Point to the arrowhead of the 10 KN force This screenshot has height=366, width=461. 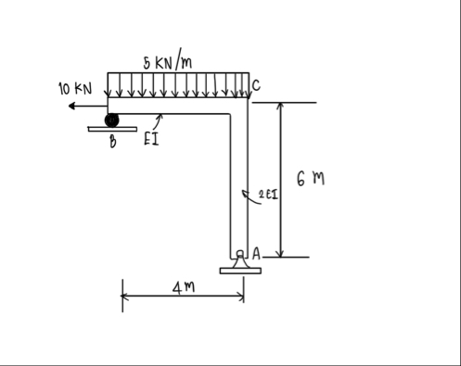[60, 107]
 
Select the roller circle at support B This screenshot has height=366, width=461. [111, 120]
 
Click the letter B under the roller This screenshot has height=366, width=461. [111, 142]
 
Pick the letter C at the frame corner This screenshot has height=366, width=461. [255, 86]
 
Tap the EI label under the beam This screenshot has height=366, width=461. [150, 141]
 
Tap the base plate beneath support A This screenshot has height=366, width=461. [240, 271]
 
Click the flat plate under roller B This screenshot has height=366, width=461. [112, 130]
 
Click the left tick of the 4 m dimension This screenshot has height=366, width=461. [122, 298]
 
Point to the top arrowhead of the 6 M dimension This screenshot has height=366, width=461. [280, 105]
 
